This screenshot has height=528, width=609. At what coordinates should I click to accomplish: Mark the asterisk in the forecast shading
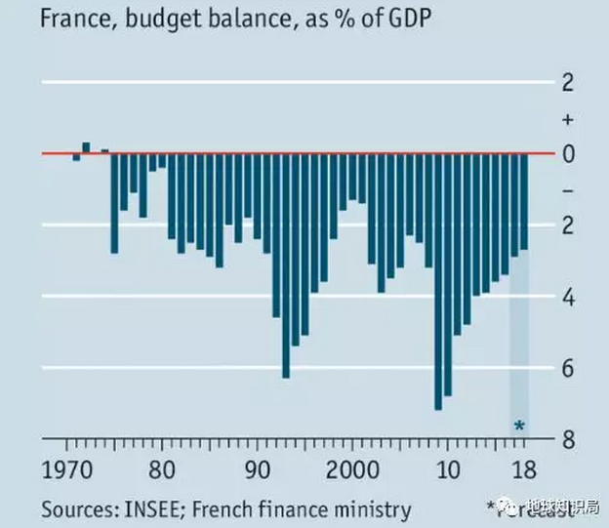(x=519, y=426)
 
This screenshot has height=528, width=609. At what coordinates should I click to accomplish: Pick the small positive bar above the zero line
(x=86, y=147)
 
